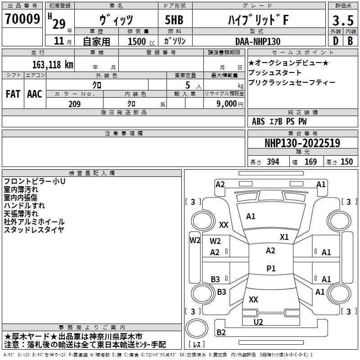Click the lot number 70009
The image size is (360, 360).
(x=22, y=19)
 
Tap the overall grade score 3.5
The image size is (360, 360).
(x=342, y=21)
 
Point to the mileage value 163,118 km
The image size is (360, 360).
(x=53, y=64)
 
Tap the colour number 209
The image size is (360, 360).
(x=75, y=104)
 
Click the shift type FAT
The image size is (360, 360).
(x=13, y=94)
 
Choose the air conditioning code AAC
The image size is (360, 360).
(x=35, y=94)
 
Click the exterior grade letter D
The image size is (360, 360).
(x=335, y=41)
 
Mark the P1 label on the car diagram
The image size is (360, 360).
(x=271, y=269)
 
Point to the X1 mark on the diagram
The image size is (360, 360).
(x=284, y=237)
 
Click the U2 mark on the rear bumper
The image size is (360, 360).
(x=258, y=322)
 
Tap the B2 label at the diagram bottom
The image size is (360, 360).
(x=221, y=333)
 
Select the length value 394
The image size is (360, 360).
(x=273, y=162)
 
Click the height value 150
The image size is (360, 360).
(x=346, y=162)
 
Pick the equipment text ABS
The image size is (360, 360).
(x=258, y=121)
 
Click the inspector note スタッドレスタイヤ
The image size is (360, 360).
(x=34, y=230)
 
